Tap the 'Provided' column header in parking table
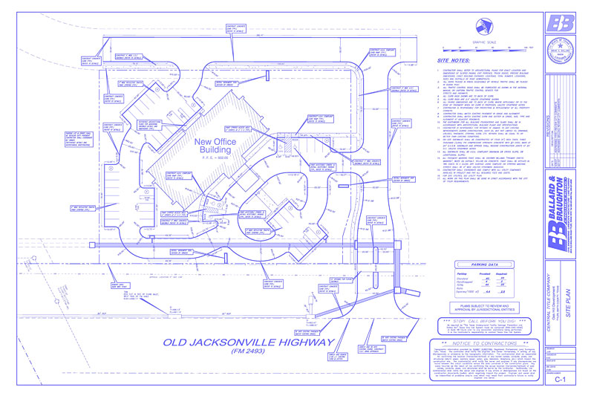pyautogui.click(x=484, y=273)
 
